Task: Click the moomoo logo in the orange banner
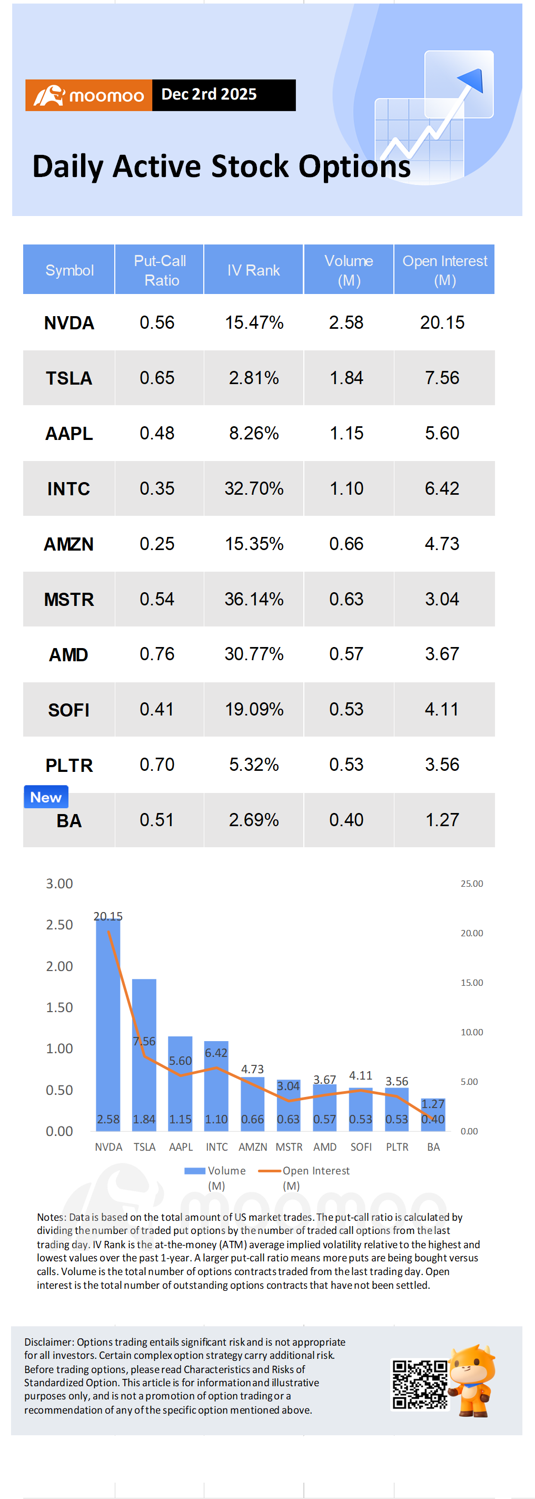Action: coord(88,95)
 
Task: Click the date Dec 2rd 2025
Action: coord(209,94)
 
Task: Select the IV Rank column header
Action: coord(253,270)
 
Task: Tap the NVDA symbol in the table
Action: coord(69,323)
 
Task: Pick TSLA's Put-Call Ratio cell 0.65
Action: coord(157,378)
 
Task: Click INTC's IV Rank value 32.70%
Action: coord(254,488)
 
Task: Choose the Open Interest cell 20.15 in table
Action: coord(442,322)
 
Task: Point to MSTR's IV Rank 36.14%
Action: coord(254,599)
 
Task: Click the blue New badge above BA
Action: coord(46,797)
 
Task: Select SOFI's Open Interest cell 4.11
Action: coord(442,709)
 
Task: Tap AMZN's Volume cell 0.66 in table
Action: coord(346,544)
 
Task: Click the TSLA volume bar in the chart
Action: coord(144,1055)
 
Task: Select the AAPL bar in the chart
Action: coord(180,1083)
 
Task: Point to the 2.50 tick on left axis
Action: coord(60,925)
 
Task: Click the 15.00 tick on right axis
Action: coord(472,982)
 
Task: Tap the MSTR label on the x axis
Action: coord(289,1147)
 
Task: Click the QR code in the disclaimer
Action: coord(420,1384)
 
